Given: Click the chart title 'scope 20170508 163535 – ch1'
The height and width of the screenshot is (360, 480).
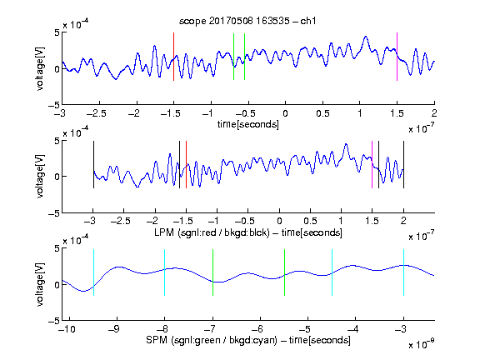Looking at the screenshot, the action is point(247,21).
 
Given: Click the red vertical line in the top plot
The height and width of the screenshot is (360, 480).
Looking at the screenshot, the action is point(173,57).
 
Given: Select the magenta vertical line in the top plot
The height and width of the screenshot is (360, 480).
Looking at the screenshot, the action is point(397,57).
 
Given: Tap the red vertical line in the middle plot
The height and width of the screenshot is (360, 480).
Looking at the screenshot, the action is point(186,165).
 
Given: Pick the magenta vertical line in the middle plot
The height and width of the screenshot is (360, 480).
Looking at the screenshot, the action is point(372,165).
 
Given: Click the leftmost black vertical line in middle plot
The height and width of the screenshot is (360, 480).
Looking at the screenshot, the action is point(93,165).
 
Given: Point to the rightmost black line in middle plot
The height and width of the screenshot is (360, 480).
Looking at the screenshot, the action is point(403,165).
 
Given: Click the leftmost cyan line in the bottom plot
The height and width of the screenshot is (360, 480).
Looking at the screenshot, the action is point(93,272).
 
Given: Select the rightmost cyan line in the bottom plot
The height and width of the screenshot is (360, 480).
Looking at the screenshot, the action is point(403,272).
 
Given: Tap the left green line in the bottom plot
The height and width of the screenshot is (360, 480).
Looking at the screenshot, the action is point(212,272).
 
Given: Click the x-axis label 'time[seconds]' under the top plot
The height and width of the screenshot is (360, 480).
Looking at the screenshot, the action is point(248,124).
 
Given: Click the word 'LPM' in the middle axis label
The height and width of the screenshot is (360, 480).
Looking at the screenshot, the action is point(164,232).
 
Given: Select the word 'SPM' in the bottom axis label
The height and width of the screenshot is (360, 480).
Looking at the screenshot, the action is point(156,340).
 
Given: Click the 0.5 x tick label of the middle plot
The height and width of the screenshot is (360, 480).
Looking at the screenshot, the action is point(310,221).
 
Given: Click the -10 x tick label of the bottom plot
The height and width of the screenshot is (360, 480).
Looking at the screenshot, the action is point(67,329).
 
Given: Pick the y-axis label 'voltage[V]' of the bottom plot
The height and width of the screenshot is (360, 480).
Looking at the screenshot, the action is point(40,284).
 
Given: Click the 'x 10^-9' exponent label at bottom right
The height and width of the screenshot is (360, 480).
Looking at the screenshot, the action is point(421,344).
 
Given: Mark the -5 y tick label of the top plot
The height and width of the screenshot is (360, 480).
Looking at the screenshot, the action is point(54,105).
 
